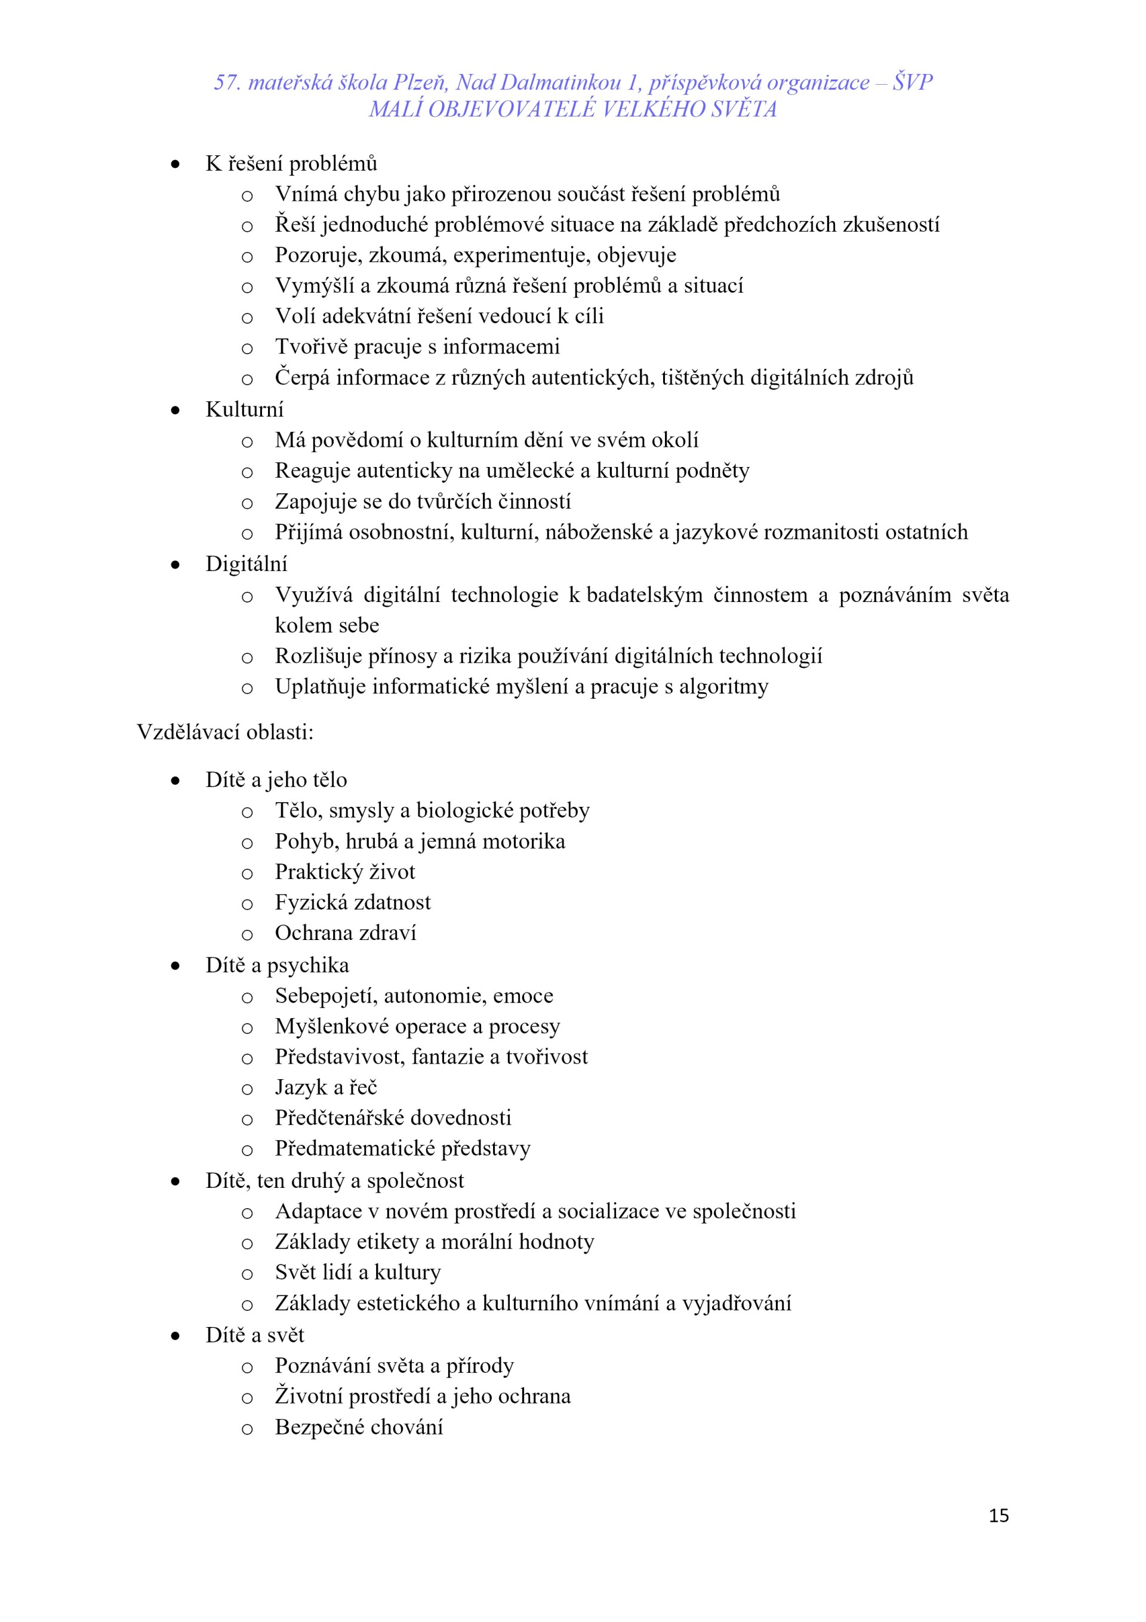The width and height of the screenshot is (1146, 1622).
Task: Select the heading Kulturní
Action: [x=244, y=409]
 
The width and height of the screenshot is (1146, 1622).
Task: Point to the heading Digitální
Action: [x=247, y=564]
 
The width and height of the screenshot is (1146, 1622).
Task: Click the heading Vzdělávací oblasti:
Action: [x=224, y=732]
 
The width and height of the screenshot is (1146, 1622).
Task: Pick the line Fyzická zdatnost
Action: [x=352, y=902]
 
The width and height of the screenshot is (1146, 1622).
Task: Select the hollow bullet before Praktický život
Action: [x=247, y=873]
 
